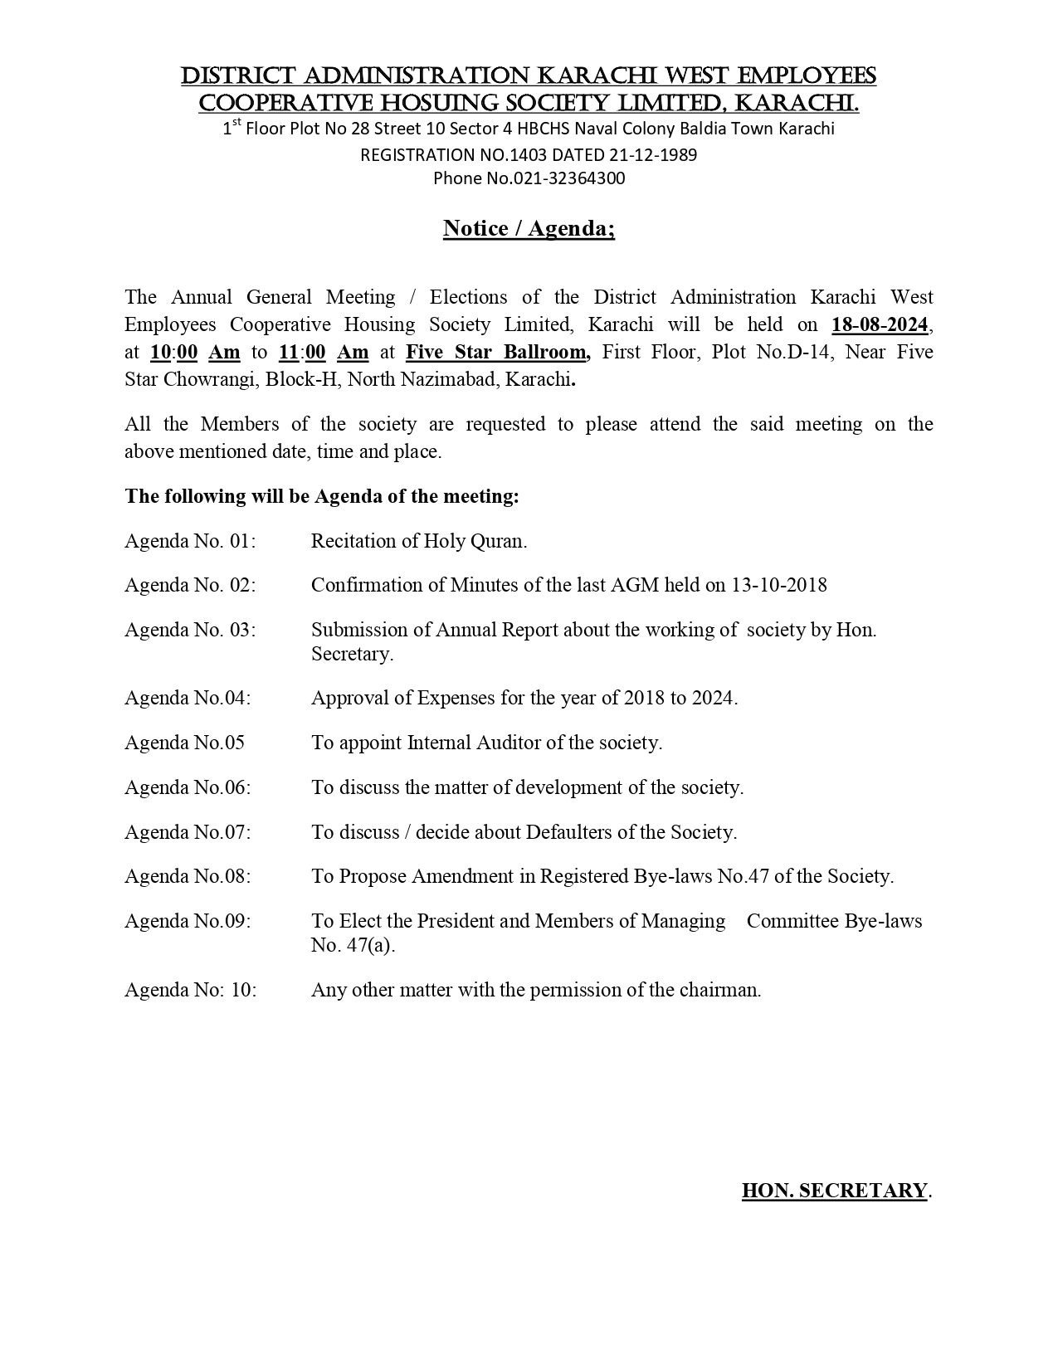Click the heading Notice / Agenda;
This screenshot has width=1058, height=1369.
(529, 228)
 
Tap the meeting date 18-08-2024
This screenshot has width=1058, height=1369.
(880, 324)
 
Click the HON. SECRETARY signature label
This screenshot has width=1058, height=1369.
(834, 1191)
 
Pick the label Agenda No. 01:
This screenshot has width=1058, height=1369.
(190, 541)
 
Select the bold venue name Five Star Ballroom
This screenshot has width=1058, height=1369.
(497, 352)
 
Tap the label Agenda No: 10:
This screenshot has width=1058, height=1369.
(190, 990)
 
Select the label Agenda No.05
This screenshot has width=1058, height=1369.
(184, 743)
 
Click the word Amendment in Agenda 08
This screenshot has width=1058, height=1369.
(462, 876)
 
